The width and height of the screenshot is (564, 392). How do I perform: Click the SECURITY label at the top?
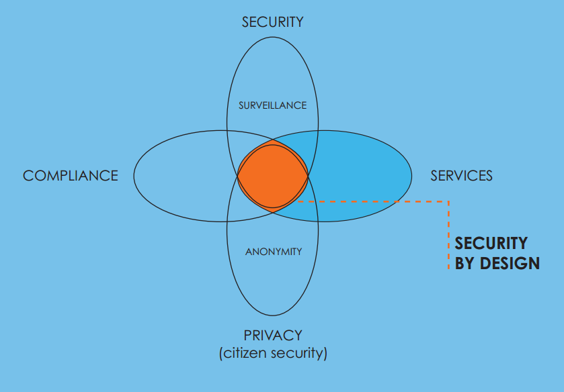[272, 22]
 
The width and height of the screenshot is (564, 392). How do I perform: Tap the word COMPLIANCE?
[71, 176]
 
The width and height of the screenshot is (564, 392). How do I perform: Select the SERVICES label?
[461, 176]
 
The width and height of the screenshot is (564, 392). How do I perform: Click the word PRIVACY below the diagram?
[273, 335]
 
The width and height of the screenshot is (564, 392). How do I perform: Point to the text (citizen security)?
[273, 353]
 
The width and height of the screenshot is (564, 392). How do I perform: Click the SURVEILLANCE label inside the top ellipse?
[272, 105]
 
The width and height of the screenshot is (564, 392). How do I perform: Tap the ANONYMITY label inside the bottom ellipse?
[273, 252]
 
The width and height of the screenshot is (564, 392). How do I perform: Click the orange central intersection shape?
[272, 176]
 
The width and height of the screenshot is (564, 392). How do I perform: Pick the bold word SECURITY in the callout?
[491, 244]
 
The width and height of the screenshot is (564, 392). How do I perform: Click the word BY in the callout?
[465, 263]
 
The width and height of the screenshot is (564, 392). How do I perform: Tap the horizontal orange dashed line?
[376, 201]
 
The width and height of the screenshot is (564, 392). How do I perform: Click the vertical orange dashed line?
[448, 235]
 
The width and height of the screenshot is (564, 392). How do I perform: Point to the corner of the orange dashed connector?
[448, 201]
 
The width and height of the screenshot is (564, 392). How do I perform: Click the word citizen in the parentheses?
[245, 353]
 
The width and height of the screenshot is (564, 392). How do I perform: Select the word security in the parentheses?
[298, 353]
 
